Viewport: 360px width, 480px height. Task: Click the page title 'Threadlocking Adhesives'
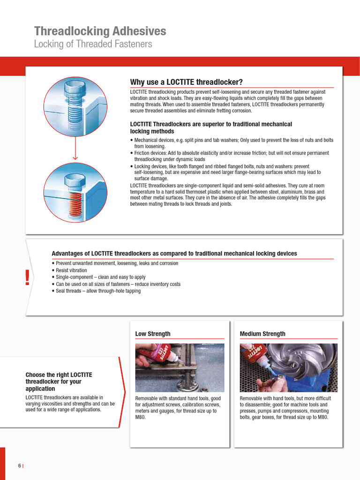point(100,31)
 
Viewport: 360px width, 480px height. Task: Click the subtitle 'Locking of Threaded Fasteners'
point(93,45)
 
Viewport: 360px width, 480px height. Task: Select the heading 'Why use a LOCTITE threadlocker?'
point(186,82)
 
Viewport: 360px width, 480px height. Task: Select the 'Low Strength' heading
point(153,334)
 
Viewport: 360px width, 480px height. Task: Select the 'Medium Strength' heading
point(262,334)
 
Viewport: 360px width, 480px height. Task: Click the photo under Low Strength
point(180,367)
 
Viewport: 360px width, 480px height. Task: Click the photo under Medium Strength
point(288,367)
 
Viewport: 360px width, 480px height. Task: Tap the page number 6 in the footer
point(20,465)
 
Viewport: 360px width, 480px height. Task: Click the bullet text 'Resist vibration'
point(71,270)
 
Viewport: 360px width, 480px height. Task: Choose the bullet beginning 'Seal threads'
point(97,291)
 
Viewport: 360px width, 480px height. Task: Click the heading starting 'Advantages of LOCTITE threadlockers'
point(174,254)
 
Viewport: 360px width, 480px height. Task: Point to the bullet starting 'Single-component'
point(100,277)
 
